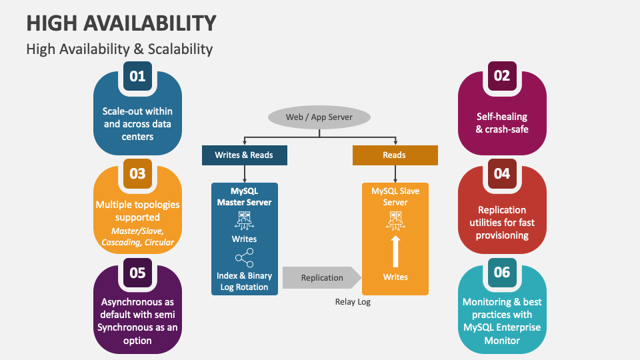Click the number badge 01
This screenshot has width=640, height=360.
coord(137,76)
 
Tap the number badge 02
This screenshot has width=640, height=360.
coord(501,76)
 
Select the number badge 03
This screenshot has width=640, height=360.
coord(137,174)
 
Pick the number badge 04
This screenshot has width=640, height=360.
coord(501,174)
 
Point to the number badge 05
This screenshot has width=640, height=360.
coord(137,272)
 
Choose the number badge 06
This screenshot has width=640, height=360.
coord(501,272)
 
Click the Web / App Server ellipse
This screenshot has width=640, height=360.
coord(319,117)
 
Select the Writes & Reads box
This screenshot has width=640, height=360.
coord(243,155)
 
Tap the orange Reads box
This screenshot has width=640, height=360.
coord(395,155)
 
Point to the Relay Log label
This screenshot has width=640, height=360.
coord(353,302)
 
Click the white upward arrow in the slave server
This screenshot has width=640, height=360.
coord(395,251)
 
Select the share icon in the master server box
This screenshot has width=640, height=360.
coord(244,257)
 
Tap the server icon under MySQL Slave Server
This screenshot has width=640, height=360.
coord(395,219)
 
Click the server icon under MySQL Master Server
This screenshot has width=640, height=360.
coord(244,219)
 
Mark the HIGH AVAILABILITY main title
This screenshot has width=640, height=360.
coord(121,23)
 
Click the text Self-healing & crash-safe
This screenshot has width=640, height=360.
coord(501,123)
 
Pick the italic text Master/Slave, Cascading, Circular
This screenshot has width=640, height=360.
coord(137,236)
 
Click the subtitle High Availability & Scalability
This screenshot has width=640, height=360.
coord(119,49)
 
